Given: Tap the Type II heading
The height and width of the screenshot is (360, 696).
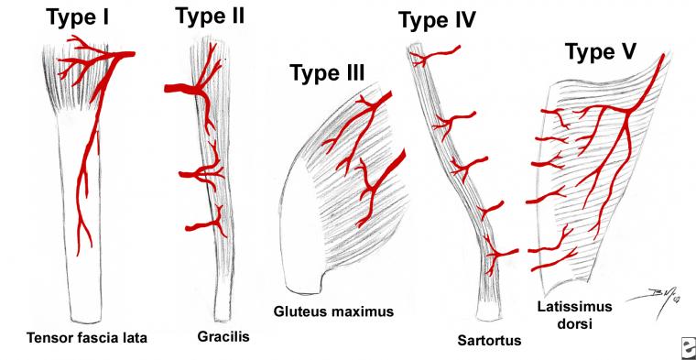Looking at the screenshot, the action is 210,16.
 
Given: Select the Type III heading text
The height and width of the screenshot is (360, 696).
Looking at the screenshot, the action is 327,72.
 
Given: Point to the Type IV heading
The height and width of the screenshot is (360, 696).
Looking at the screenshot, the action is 437,20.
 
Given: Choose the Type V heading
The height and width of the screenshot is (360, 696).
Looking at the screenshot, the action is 601,52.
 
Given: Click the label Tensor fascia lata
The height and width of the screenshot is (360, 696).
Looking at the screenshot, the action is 87,338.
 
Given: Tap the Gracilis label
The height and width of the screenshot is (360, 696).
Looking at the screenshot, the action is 223,337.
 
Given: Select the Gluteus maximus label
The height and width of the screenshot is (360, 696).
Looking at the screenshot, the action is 333,311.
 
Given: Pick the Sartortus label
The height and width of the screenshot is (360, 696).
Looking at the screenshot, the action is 489,341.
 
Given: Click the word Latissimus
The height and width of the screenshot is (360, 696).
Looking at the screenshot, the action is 569,306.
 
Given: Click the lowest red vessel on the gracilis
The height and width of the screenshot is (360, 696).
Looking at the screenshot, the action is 205,224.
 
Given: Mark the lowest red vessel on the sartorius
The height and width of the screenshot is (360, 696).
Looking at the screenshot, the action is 502,254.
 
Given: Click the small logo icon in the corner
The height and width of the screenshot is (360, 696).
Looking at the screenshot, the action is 689,345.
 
